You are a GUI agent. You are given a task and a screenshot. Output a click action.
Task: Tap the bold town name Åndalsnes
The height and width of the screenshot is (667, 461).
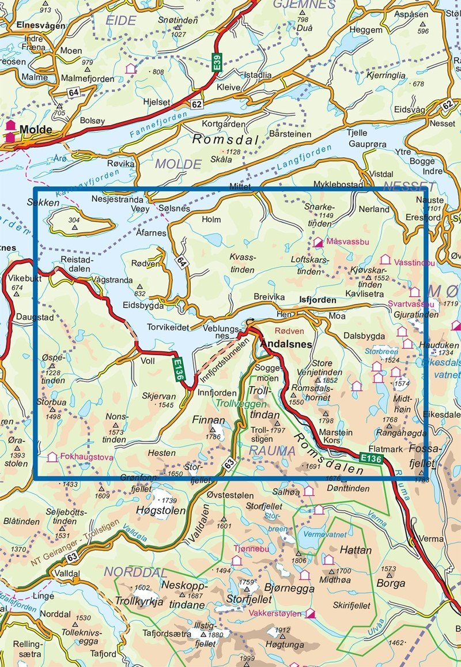286,344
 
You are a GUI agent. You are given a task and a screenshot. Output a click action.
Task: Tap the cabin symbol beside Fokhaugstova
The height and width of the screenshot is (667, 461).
52,457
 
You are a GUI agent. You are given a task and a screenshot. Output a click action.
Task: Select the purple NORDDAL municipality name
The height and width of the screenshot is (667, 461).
135,572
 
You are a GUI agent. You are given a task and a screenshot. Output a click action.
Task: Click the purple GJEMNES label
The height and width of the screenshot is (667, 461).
304,5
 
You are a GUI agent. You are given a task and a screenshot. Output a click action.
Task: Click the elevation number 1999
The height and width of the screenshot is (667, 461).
247,658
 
